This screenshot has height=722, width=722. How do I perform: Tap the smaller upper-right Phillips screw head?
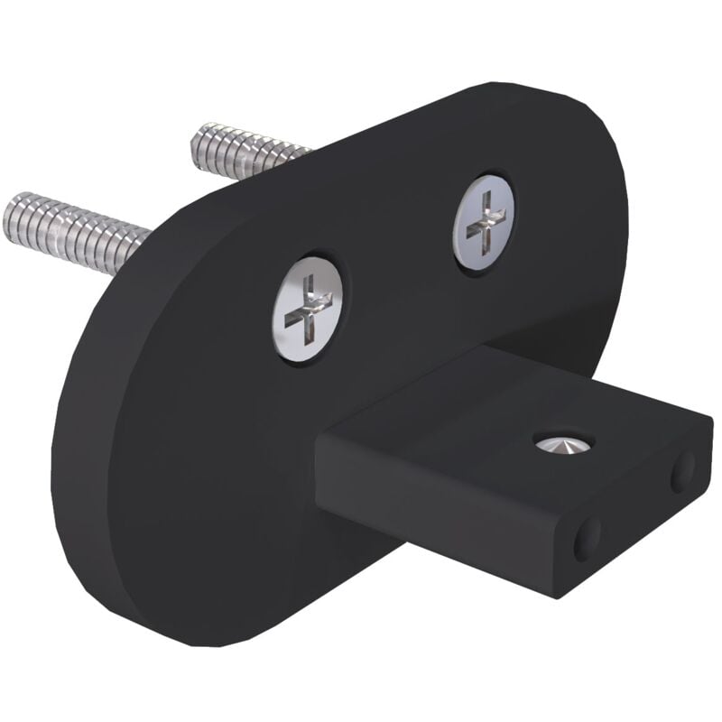tap(485, 222)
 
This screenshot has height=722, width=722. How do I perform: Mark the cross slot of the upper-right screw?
tap(486, 222)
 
